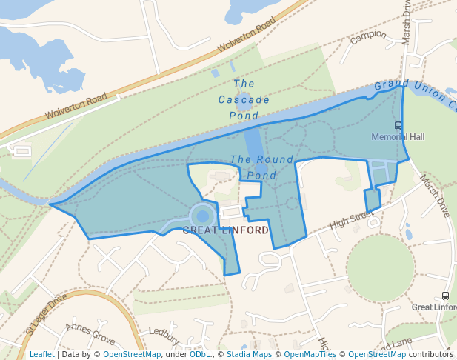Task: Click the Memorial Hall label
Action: [398, 137]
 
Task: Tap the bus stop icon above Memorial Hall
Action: [398, 125]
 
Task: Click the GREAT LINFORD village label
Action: [226, 230]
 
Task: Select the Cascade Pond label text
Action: [244, 100]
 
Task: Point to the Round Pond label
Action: [261, 167]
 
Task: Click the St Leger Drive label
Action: [46, 313]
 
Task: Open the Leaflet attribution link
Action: [41, 354]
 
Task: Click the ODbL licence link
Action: [200, 354]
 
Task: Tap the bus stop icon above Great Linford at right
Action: [445, 296]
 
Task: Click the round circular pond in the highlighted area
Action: [202, 216]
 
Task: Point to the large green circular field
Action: [380, 267]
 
